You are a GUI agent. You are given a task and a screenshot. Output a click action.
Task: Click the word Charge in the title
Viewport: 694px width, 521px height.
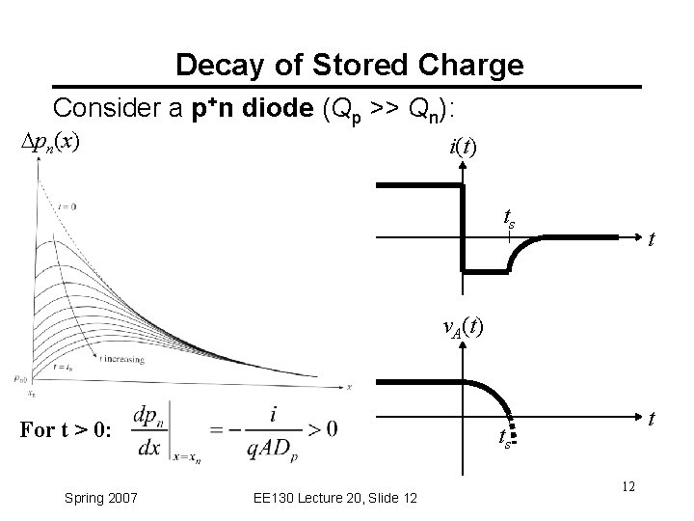click(x=477, y=66)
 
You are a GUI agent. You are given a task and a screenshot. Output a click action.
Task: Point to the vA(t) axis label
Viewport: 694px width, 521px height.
click(x=463, y=327)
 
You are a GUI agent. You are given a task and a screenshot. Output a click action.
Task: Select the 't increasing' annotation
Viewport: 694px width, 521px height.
click(x=121, y=359)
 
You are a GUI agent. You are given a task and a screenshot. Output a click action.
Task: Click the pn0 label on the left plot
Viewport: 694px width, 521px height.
click(x=20, y=377)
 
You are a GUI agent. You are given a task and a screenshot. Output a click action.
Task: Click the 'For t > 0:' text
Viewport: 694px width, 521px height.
click(x=66, y=429)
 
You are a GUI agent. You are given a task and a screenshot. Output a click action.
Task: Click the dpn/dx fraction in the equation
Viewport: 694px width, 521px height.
click(x=147, y=429)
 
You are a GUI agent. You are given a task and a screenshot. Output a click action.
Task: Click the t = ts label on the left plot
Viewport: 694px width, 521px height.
click(x=66, y=368)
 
